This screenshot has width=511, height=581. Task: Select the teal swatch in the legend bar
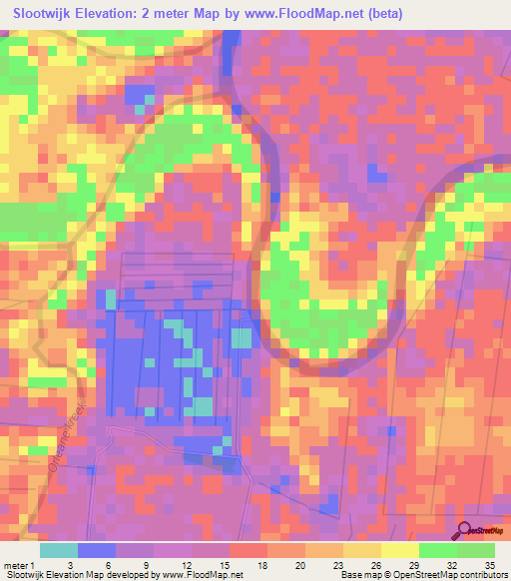point(58,550)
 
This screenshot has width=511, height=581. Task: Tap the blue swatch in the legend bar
point(97,550)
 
